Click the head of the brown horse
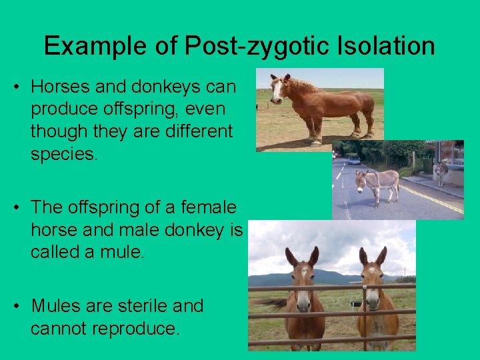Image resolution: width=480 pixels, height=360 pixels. coord(277,89)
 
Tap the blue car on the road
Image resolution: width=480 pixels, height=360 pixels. coord(353,160)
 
